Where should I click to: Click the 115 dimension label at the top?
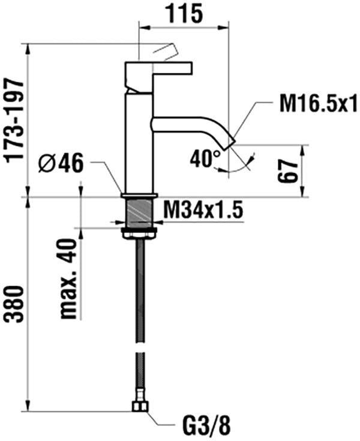point(185,13)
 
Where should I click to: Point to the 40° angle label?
point(205,158)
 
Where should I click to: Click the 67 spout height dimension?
point(288,172)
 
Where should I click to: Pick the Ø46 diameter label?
point(61,164)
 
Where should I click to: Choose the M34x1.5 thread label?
point(203,209)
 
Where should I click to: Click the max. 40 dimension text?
point(68,278)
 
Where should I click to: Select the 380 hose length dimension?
point(14,304)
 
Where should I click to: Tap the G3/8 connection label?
point(207,426)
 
